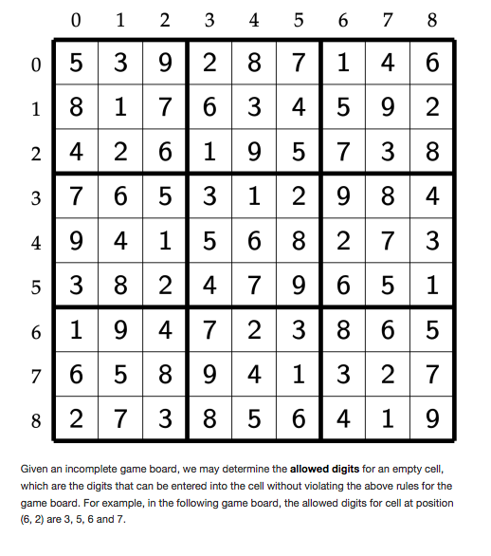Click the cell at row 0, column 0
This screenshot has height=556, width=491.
pyautogui.click(x=76, y=64)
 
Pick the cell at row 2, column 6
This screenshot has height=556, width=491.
pyautogui.click(x=343, y=151)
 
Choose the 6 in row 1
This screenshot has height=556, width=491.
pyautogui.click(x=209, y=107)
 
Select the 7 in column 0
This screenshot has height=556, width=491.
pyautogui.click(x=76, y=195)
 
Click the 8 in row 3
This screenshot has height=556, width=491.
pyautogui.click(x=388, y=195)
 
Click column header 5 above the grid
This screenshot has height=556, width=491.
pyautogui.click(x=299, y=20)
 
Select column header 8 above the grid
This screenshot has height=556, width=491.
pyautogui.click(x=432, y=20)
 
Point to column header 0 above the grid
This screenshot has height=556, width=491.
pyautogui.click(x=76, y=20)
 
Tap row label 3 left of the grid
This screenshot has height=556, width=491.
pyautogui.click(x=36, y=196)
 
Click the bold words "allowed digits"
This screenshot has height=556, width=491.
pyautogui.click(x=326, y=469)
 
